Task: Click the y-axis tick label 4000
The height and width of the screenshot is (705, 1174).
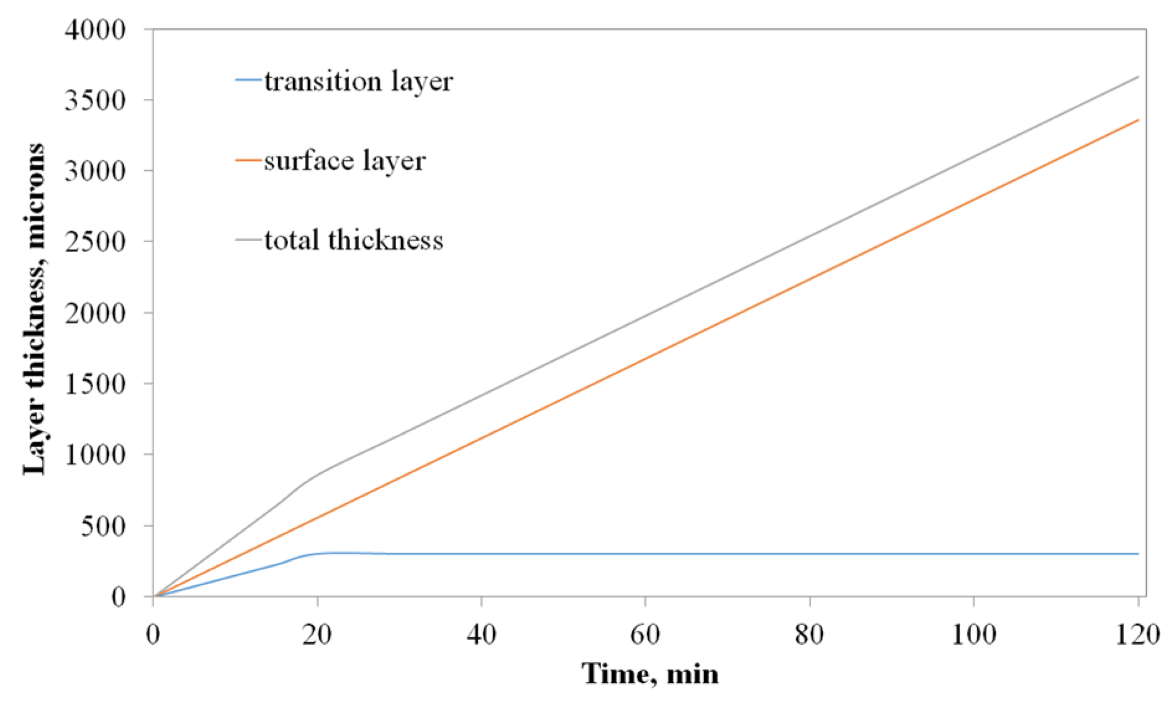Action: pyautogui.click(x=94, y=29)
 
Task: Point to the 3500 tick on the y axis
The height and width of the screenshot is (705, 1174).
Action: pyautogui.click(x=94, y=100)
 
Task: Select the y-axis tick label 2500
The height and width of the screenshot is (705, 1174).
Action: pyautogui.click(x=94, y=242)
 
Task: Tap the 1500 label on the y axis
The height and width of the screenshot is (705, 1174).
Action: pyautogui.click(x=94, y=383)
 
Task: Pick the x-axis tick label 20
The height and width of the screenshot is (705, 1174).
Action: pyautogui.click(x=317, y=635)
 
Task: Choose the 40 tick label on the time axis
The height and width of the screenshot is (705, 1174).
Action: pyautogui.click(x=482, y=635)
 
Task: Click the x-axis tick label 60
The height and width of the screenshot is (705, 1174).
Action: pyautogui.click(x=646, y=635)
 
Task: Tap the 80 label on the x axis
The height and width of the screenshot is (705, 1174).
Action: pyautogui.click(x=810, y=635)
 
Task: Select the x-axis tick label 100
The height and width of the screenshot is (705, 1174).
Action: pyautogui.click(x=973, y=635)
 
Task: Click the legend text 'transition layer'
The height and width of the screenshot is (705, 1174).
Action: pyautogui.click(x=358, y=81)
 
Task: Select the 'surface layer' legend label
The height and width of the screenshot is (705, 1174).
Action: pyautogui.click(x=345, y=161)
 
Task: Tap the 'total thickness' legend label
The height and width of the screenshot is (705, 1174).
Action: pyautogui.click(x=354, y=240)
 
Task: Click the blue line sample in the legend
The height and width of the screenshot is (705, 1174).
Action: pyautogui.click(x=248, y=80)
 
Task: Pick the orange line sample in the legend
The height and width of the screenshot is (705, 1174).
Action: pyautogui.click(x=248, y=160)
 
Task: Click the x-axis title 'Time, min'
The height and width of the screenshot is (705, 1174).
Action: pyautogui.click(x=650, y=674)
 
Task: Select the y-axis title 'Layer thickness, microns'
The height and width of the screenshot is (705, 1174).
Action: pyautogui.click(x=34, y=309)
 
